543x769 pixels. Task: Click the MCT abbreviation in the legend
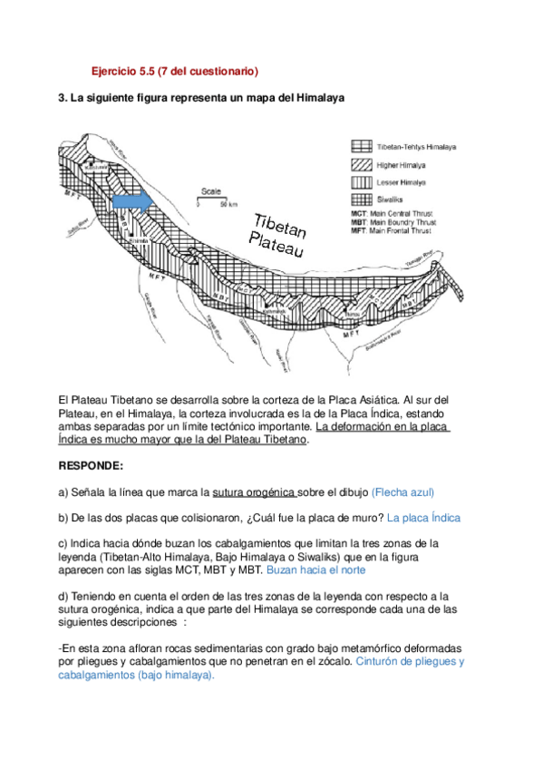(360, 212)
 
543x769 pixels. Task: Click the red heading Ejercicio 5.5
(176, 70)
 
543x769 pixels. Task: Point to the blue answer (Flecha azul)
(403, 492)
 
